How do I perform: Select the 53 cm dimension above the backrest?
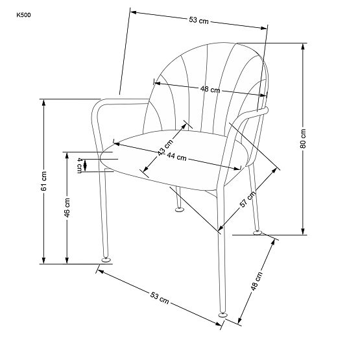pos(198,21)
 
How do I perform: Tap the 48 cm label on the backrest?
pos(210,90)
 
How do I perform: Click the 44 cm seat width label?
pos(176,157)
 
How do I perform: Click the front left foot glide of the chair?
pos(104,261)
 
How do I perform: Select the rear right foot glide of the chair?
pos(260,232)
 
